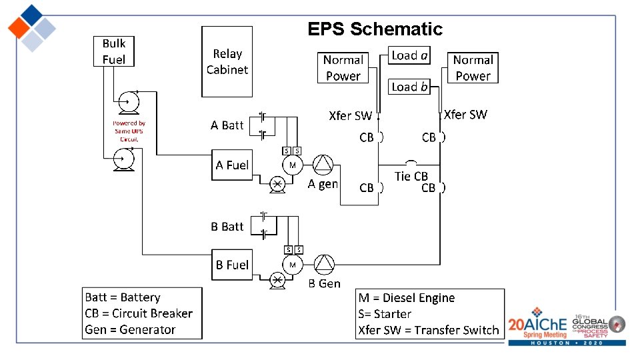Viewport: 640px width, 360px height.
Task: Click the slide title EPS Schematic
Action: click(x=375, y=29)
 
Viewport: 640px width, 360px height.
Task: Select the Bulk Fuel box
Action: click(x=113, y=51)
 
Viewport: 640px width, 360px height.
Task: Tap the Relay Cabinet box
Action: click(x=227, y=61)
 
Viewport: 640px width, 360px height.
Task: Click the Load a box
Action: click(x=409, y=55)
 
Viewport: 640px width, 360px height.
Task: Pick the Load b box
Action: click(x=409, y=87)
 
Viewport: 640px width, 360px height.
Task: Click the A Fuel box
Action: click(x=232, y=165)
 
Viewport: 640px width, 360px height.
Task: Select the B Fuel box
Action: click(x=232, y=265)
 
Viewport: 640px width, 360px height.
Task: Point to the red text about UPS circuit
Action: click(x=129, y=131)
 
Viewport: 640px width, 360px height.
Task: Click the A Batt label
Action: click(x=227, y=125)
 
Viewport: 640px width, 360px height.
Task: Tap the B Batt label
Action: click(x=227, y=227)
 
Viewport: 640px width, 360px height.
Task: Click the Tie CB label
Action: click(x=411, y=176)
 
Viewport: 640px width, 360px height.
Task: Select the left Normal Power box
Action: click(x=343, y=68)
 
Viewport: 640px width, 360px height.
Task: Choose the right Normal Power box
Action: click(x=473, y=68)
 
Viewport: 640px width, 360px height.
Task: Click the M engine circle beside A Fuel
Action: click(x=292, y=165)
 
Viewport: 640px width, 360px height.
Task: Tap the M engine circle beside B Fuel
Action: click(x=292, y=264)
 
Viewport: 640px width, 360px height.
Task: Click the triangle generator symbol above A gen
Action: click(x=323, y=165)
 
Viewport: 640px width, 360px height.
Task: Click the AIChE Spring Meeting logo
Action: click(x=537, y=325)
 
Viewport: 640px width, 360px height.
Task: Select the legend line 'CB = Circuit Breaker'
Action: click(x=139, y=313)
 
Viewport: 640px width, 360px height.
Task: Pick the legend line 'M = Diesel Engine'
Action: click(x=407, y=298)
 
